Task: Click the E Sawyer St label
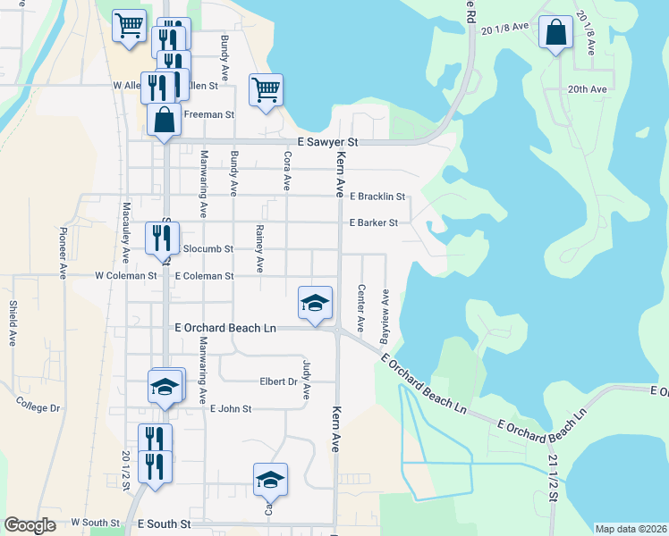(327, 142)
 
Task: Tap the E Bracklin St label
(377, 196)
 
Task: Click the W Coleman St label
(126, 276)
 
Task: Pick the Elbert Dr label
(278, 381)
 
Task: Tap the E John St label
(231, 408)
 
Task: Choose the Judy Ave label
(307, 379)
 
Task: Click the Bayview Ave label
(385, 309)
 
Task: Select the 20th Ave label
(587, 89)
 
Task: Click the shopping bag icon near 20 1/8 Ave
(556, 34)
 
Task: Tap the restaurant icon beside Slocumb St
(162, 239)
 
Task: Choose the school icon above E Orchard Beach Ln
(315, 303)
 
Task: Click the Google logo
(30, 525)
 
